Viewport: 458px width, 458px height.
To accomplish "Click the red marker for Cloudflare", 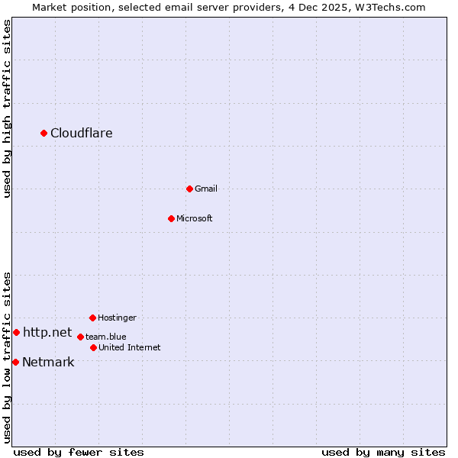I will coord(44,134).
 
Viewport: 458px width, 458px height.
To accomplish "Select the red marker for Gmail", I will coord(189,189).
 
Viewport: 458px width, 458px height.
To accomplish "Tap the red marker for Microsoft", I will coord(171,218).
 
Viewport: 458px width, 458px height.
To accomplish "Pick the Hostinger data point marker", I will coord(92,318).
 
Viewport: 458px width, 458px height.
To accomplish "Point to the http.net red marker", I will coord(16,333).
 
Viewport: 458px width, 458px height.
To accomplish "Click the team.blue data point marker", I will coord(80,337).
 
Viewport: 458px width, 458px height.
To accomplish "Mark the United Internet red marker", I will coord(93,347).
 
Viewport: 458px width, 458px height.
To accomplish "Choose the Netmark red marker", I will coord(15,362).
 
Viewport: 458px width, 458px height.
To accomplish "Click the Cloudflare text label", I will coord(82,134).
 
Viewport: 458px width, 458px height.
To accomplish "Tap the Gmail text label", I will coord(206,189).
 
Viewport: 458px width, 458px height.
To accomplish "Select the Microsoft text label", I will coord(195,218).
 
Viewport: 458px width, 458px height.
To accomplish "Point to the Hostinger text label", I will coord(117,318).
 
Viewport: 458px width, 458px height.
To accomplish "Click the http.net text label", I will coord(47,332).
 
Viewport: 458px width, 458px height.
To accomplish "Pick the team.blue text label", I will coord(106,337).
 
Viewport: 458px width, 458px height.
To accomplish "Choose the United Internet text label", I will coord(130,347).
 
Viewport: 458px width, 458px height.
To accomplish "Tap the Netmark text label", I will coord(48,363).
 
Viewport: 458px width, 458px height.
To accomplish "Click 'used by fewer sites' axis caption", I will coord(79,452).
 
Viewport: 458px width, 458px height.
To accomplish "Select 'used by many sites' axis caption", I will coord(383,452).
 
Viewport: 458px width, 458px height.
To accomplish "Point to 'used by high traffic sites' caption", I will coord(8,109).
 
